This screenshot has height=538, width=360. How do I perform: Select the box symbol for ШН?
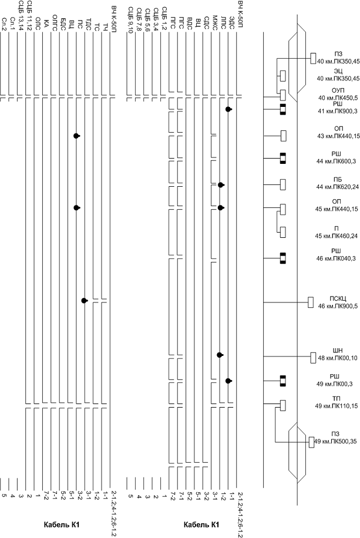coord(313,357)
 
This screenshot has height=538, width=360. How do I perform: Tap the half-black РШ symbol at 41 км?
coord(283,109)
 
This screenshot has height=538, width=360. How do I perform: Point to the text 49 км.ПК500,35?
coord(335,441)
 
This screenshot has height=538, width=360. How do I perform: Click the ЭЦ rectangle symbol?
coord(283,76)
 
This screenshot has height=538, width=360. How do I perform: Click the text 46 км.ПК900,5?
coord(337,306)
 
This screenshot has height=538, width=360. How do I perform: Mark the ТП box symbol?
coord(283,405)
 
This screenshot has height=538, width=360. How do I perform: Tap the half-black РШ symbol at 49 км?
coord(283,381)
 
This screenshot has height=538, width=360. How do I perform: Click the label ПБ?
coord(338,180)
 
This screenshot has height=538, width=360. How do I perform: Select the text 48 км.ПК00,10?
coord(338,358)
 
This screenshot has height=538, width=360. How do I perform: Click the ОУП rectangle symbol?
coord(283,95)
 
